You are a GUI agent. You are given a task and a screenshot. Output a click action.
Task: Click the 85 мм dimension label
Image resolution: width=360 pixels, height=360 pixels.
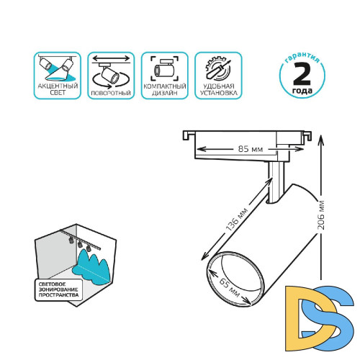pyautogui.click(x=251, y=149)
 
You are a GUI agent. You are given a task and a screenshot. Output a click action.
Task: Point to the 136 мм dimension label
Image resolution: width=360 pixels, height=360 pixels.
pyautogui.click(x=237, y=220)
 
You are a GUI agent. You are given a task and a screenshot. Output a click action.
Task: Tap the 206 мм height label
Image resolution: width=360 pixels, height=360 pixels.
pyautogui.click(x=321, y=215)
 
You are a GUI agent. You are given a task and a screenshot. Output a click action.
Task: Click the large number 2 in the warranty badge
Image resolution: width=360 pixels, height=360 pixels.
pyautogui.click(x=302, y=74)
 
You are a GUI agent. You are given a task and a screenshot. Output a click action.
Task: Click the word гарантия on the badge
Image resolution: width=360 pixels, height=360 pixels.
pyautogui.click(x=302, y=58)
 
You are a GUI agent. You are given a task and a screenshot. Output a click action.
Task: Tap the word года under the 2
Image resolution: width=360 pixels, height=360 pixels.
pyautogui.click(x=302, y=91)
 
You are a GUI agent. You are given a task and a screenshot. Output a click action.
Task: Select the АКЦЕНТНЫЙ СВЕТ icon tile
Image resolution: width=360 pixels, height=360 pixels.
pyautogui.click(x=58, y=76)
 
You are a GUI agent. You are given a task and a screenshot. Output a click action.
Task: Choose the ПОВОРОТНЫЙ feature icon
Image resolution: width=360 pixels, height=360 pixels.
pyautogui.click(x=111, y=76)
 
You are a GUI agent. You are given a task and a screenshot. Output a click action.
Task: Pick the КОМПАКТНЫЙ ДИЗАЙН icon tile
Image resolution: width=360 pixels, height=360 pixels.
pyautogui.click(x=165, y=76)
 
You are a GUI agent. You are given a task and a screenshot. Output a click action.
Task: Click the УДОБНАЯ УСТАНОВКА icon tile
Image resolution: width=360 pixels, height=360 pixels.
pyautogui.click(x=218, y=76)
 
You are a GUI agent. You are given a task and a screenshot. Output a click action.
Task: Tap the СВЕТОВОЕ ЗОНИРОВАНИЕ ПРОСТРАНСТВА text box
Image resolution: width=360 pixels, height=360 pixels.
pyautogui.click(x=58, y=289)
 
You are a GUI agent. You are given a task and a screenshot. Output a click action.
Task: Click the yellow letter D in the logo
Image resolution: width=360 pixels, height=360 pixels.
pyautogui.click(x=295, y=318)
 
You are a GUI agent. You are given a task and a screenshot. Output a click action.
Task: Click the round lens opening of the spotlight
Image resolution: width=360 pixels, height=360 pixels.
pyautogui.click(x=235, y=279)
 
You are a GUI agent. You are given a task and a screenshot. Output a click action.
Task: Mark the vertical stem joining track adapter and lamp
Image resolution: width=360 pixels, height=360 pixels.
pyautogui.click(x=276, y=182)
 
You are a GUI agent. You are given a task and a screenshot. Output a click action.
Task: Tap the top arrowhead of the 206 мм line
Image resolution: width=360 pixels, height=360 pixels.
pyautogui.click(x=321, y=139)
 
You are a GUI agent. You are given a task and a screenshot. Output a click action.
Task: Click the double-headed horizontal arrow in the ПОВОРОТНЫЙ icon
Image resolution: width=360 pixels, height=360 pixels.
pyautogui.click(x=111, y=58)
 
